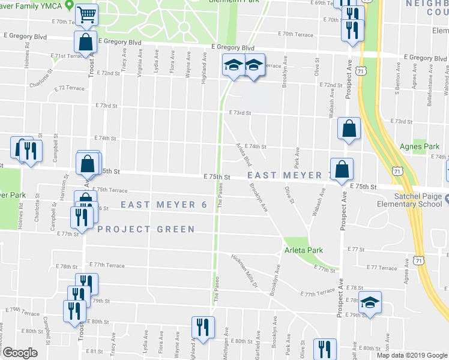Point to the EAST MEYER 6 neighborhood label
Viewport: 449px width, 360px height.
pyautogui.click(x=164, y=205)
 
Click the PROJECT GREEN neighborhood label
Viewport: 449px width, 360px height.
pyautogui.click(x=146, y=229)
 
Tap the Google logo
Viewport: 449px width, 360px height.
pyautogui.click(x=19, y=353)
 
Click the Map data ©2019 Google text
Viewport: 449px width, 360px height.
pyautogui.click(x=411, y=355)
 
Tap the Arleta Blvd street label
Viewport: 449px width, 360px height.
pyautogui.click(x=244, y=154)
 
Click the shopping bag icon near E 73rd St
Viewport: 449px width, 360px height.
pyautogui.click(x=349, y=129)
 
